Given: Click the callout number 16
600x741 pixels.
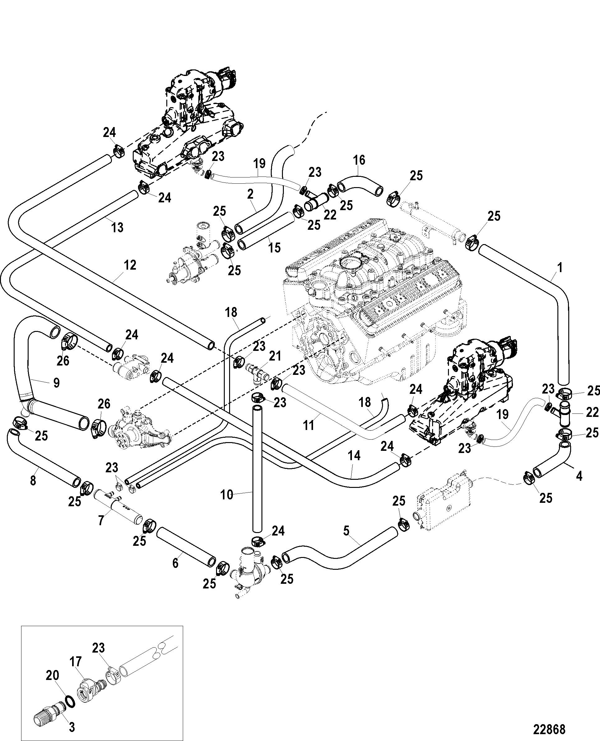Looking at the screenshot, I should (359, 160).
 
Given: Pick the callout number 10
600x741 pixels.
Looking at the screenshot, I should (227, 495).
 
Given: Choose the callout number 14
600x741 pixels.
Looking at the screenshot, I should (354, 456).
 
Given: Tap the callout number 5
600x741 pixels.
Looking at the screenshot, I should (346, 530).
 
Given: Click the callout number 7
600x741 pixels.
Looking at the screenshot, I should (101, 520).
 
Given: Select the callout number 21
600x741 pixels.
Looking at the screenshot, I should (275, 356).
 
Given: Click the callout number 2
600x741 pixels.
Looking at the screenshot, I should (250, 194).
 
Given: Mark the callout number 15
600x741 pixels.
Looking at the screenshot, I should (275, 248).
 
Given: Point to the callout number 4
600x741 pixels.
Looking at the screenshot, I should (579, 476).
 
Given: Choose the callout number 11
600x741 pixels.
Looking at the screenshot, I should (308, 425).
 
